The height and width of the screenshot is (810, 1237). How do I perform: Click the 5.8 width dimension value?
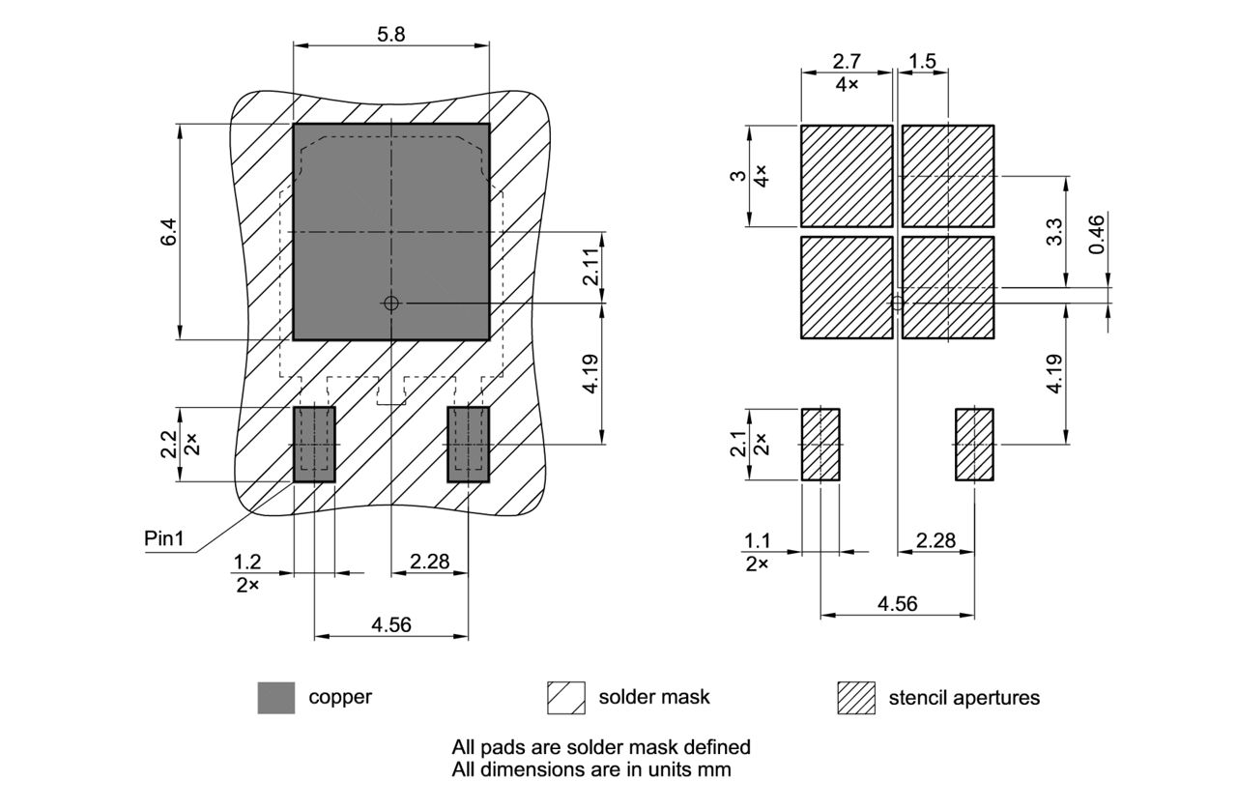pyautogui.click(x=391, y=33)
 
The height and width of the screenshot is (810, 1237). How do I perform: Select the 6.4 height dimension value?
pyautogui.click(x=168, y=232)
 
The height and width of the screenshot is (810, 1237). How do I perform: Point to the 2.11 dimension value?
pyautogui.click(x=591, y=268)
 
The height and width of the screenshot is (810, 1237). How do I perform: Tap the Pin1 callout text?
pyautogui.click(x=164, y=538)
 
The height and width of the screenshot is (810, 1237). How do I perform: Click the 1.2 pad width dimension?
pyautogui.click(x=248, y=562)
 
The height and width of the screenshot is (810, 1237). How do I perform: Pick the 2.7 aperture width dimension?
pyautogui.click(x=847, y=61)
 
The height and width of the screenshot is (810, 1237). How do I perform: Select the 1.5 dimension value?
pyautogui.click(x=922, y=61)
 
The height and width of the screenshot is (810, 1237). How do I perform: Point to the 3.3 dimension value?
pyautogui.click(x=1054, y=232)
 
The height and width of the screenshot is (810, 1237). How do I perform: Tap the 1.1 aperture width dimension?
pyautogui.click(x=757, y=540)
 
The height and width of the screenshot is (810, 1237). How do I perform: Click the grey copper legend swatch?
pyautogui.click(x=276, y=698)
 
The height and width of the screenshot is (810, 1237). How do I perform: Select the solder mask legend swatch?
pyautogui.click(x=566, y=698)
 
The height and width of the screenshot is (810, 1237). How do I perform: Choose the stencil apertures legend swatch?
pyautogui.click(x=856, y=698)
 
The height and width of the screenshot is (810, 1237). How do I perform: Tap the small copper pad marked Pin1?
pyautogui.click(x=314, y=445)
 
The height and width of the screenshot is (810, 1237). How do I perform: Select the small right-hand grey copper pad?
pyautogui.click(x=469, y=445)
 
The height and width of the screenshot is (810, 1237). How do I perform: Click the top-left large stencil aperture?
pyautogui.click(x=847, y=176)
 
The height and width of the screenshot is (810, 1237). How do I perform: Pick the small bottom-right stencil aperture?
pyautogui.click(x=974, y=445)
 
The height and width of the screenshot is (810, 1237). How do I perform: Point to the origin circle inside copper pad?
pyautogui.click(x=391, y=304)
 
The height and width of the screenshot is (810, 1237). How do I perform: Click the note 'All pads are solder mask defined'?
pyautogui.click(x=601, y=747)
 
